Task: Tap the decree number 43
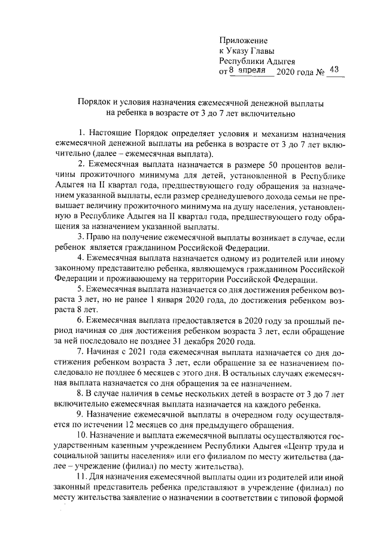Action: [x=334, y=70]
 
